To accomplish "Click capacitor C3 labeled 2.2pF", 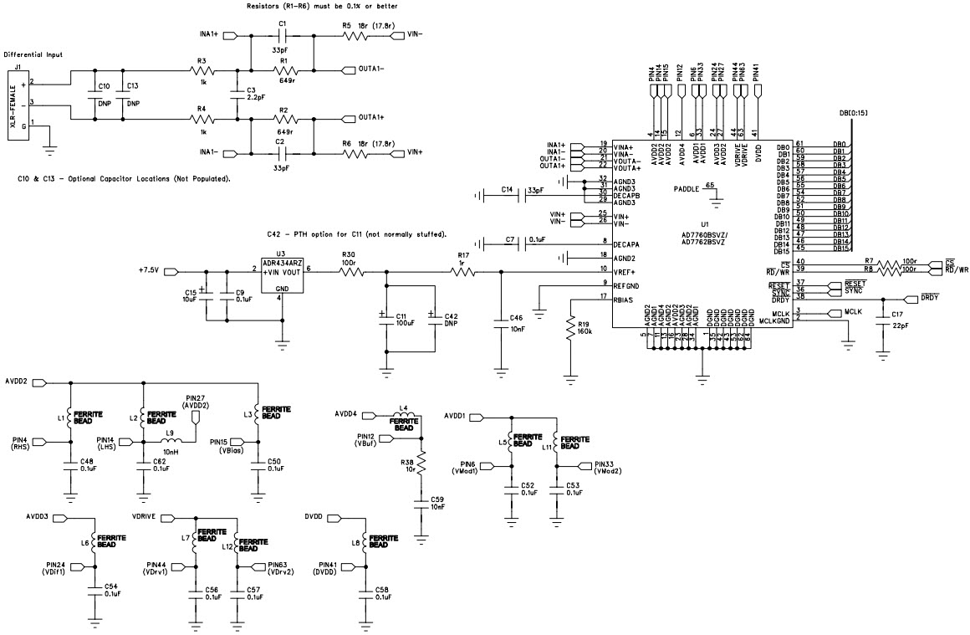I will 249,94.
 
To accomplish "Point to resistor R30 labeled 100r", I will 348,271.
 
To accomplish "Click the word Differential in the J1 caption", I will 24,54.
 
